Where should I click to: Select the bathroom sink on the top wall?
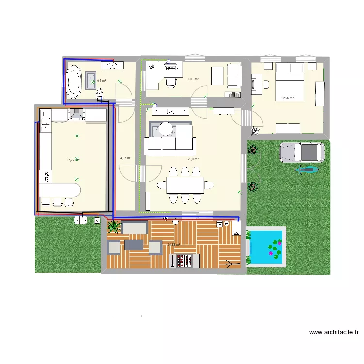112,65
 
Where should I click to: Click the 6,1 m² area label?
101,81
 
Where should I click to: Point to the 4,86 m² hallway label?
126,158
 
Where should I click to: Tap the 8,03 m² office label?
194,79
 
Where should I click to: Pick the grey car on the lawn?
301,152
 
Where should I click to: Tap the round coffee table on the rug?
166,129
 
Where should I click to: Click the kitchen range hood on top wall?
77,114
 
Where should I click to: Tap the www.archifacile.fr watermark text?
334,333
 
